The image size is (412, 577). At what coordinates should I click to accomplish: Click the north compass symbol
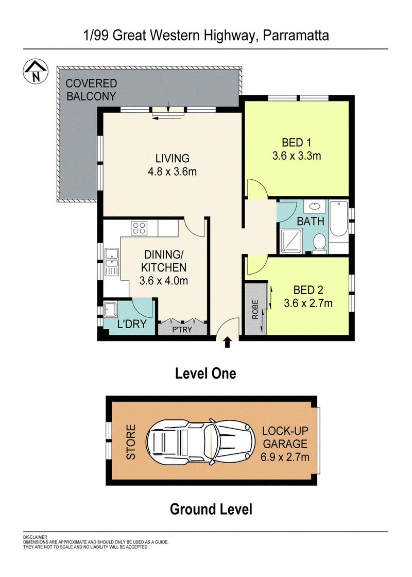[36, 72]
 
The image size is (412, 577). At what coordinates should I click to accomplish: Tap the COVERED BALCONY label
[91, 90]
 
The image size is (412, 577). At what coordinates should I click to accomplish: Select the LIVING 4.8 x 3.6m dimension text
[172, 172]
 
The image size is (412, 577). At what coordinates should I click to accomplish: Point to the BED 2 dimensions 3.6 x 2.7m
[308, 303]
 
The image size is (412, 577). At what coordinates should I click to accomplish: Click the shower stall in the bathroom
[291, 241]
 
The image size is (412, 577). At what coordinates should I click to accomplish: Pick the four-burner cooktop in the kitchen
[140, 228]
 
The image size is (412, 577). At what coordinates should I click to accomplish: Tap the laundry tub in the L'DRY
[110, 309]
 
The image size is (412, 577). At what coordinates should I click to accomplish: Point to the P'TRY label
[182, 330]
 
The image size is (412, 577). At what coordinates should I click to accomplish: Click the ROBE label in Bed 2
[255, 310]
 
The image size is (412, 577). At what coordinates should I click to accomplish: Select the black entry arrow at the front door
[227, 342]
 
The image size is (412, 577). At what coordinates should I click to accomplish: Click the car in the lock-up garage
[200, 442]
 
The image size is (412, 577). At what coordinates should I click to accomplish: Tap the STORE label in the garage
[131, 442]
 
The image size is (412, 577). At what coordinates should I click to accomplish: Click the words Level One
[205, 374]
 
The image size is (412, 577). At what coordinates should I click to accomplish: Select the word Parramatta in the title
[296, 36]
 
